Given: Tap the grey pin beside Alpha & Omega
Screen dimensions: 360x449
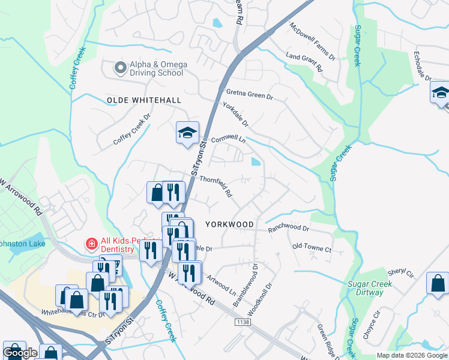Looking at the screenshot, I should coord(120,68).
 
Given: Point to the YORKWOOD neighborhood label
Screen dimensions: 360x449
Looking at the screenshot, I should coord(229,224).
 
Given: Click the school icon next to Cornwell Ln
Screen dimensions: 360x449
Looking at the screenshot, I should coord(187,133).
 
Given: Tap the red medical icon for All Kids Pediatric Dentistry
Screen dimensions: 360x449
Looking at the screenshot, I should coord(91,244).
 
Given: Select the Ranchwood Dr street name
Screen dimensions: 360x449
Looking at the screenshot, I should coord(288,229).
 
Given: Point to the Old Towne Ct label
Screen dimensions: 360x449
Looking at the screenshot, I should coord(312,247).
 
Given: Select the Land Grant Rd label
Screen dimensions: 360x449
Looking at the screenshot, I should coord(304,62).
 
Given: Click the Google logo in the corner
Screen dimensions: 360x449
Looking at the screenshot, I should coord(20,353).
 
